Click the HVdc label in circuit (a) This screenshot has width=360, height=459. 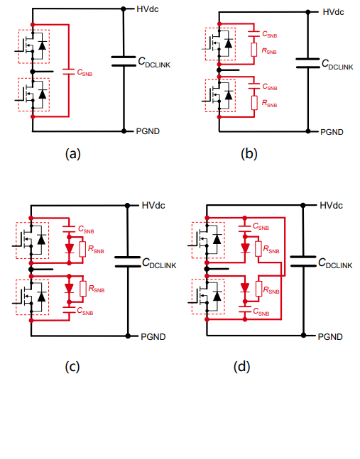[x=148, y=9]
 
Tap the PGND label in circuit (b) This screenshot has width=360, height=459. [x=332, y=132]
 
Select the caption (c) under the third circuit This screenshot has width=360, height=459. [x=72, y=367]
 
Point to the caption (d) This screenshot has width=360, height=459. [x=241, y=367]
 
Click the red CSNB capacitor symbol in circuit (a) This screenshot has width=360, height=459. [x=69, y=72]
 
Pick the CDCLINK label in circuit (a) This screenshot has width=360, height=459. [x=154, y=62]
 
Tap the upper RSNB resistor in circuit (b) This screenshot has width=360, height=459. [x=254, y=50]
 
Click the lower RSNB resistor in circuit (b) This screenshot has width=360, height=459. [x=254, y=103]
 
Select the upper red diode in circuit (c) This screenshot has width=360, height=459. [x=69, y=248]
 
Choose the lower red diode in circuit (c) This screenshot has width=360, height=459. [x=69, y=288]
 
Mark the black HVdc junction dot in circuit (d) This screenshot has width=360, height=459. [x=303, y=206]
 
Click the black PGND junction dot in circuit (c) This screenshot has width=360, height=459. [x=128, y=336]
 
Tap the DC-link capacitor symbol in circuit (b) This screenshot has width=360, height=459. [x=307, y=63]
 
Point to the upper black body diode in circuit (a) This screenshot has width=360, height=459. [x=43, y=45]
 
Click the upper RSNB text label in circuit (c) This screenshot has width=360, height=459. [x=96, y=250]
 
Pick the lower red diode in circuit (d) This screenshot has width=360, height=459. [x=245, y=287]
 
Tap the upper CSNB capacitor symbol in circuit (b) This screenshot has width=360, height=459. [x=254, y=34]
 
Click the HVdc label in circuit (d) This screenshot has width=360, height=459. [x=331, y=206]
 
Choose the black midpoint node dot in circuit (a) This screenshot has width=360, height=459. [x=33, y=72]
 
